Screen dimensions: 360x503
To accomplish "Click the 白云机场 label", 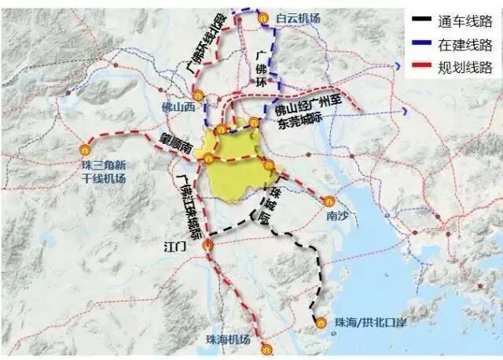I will tap(299, 17).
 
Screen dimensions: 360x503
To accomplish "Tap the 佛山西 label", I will tap(178, 107).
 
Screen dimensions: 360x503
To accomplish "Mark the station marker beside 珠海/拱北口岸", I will tap(321, 321).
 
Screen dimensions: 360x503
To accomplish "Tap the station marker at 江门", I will tap(207, 246).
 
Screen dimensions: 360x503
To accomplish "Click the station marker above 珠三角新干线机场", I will tap(86, 148).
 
